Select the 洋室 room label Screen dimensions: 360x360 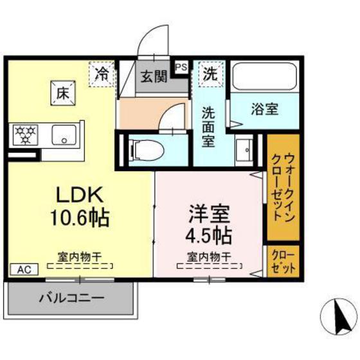tap(209, 212)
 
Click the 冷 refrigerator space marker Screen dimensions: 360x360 tap(103, 73)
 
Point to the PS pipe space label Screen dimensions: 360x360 tap(181, 66)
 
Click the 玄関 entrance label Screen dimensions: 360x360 tap(154, 77)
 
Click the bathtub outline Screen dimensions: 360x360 tap(264, 78)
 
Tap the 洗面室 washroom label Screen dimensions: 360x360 tap(210, 126)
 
